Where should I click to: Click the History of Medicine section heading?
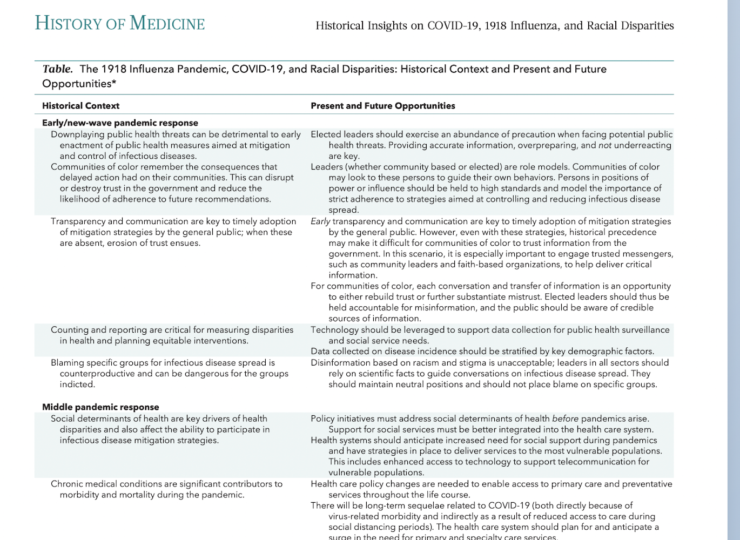pos(120,24)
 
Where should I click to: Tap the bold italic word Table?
pos(57,69)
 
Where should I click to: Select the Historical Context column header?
pos(80,106)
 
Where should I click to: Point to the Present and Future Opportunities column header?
pos(382,106)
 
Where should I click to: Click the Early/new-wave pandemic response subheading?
pos(120,123)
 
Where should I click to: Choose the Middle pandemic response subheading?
pos(100,407)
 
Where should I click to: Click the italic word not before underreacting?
pos(604,145)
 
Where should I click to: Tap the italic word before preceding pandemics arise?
pos(565,418)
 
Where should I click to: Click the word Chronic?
pos(67,484)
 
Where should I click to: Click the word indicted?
pos(77,384)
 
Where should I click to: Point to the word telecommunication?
pos(597,462)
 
